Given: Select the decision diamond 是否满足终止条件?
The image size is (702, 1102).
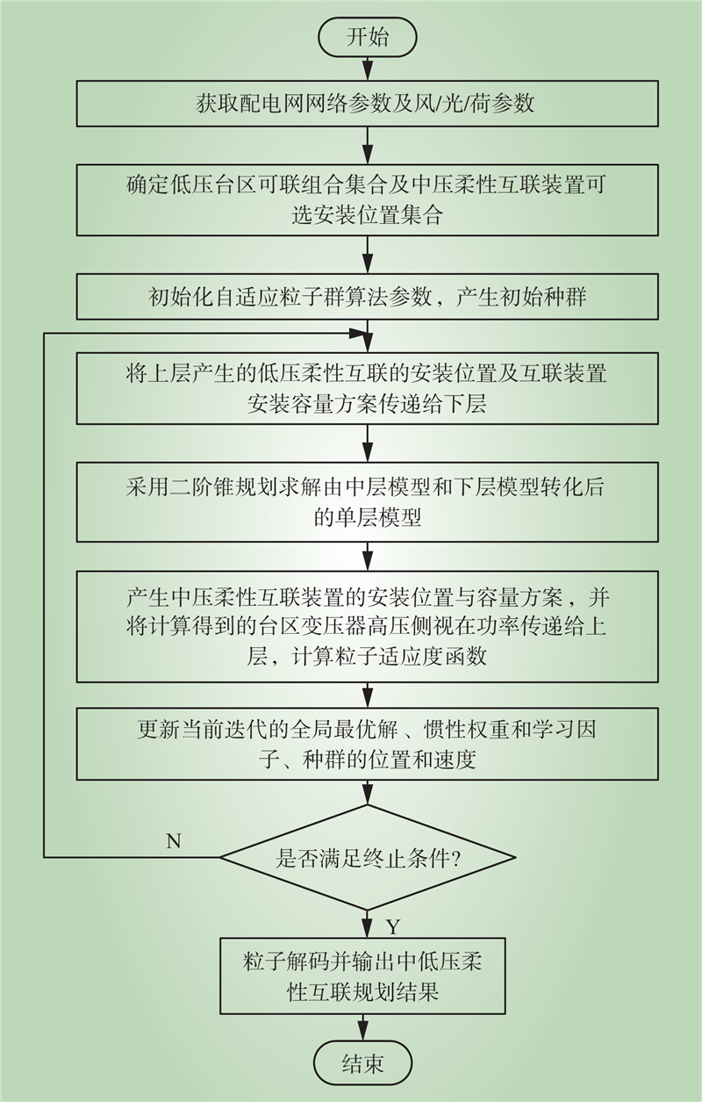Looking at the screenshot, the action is [x=367, y=858].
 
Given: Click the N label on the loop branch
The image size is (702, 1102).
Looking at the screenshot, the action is [x=174, y=841].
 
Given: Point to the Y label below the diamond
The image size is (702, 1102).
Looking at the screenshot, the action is [x=393, y=927].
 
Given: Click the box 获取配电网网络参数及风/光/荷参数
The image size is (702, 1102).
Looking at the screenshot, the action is [x=367, y=104].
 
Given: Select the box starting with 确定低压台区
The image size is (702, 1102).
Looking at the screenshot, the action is [x=367, y=199].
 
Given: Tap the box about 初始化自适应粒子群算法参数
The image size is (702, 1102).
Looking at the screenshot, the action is [x=367, y=297].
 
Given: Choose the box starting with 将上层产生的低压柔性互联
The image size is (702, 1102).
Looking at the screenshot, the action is [x=367, y=388].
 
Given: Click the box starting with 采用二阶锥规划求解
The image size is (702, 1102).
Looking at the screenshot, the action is [x=367, y=501].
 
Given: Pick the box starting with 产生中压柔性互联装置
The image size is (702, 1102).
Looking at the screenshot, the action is [x=367, y=627].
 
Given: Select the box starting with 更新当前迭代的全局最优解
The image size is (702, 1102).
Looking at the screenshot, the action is [x=367, y=744].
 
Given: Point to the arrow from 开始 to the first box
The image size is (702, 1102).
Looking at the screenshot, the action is [x=368, y=68].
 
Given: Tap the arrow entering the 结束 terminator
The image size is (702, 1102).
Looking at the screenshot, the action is [x=362, y=1030].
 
